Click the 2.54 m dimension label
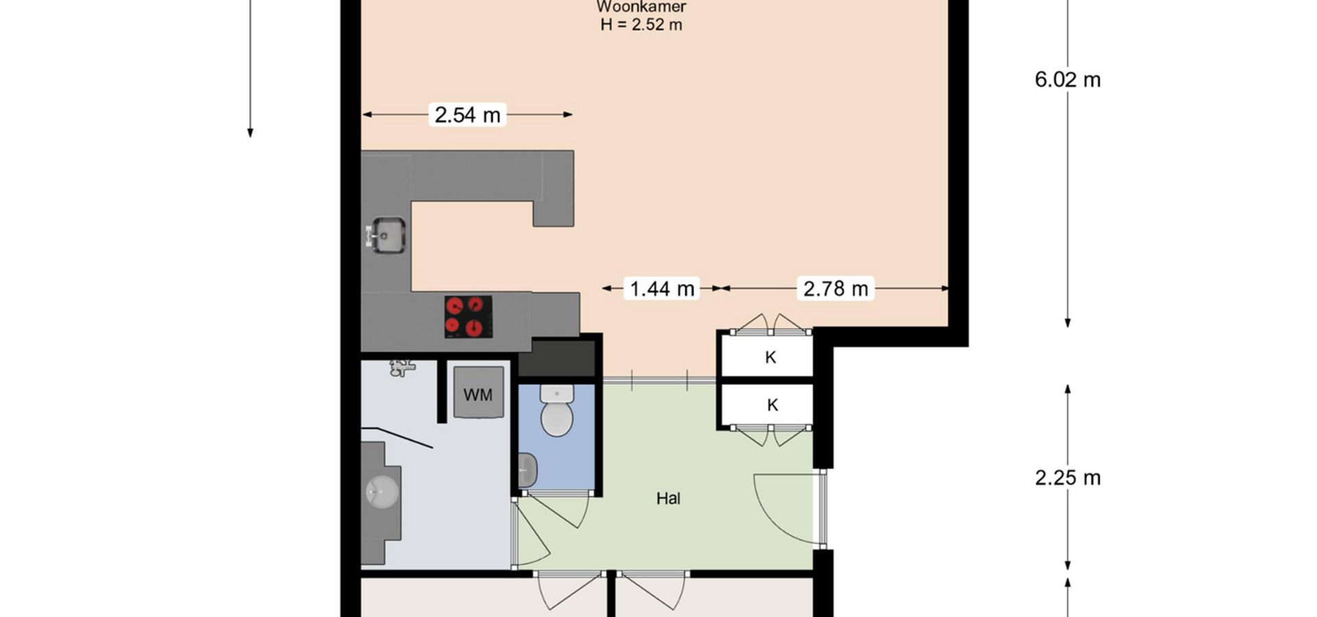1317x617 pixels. [x=468, y=114]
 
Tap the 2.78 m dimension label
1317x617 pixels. [x=835, y=289]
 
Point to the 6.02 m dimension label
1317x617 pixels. [x=1067, y=80]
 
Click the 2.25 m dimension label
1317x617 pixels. [x=1067, y=478]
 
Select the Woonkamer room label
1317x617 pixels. [x=641, y=7]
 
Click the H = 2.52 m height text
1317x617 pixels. [x=641, y=25]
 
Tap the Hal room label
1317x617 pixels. [x=668, y=498]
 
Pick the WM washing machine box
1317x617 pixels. [x=478, y=392]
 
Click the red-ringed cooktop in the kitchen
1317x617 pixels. [x=468, y=316]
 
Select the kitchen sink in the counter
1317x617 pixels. [x=387, y=235]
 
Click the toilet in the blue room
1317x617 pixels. [x=556, y=411]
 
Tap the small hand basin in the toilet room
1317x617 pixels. [x=527, y=470]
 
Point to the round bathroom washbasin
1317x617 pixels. [x=382, y=491]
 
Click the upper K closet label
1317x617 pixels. [x=770, y=357]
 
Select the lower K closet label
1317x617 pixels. [x=772, y=405]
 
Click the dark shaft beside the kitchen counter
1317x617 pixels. [x=556, y=358]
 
